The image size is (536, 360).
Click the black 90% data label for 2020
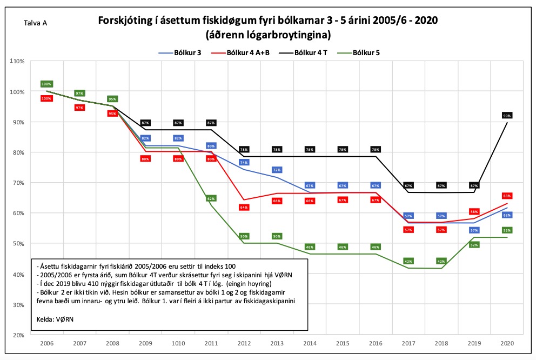(506, 116)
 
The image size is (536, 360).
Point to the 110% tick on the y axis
(17, 61)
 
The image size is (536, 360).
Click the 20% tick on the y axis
(17, 335)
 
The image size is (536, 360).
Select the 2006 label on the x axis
(46, 344)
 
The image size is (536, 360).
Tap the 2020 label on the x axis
(506, 344)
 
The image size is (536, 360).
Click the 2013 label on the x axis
(276, 344)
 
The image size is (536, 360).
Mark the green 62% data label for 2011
(211, 199)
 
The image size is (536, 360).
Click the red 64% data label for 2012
(244, 208)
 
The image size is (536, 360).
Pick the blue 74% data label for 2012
(244, 162)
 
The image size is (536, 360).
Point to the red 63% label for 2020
(506, 196)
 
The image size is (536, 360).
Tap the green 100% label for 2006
(46, 84)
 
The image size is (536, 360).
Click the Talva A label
(36, 23)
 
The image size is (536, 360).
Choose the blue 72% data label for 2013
(277, 170)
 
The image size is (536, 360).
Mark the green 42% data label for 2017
(408, 261)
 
